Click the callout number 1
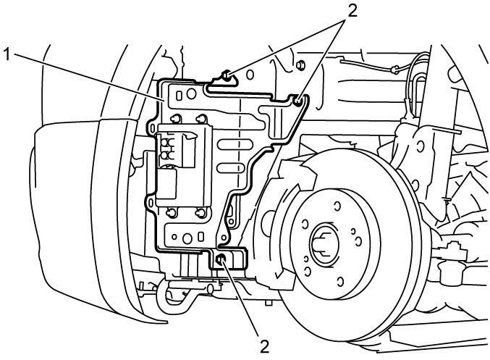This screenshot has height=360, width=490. coord(7,55)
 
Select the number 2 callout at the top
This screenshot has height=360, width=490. coord(352,12)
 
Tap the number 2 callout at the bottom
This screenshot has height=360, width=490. coord(264,346)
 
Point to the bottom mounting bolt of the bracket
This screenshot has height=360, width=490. coord(221,259)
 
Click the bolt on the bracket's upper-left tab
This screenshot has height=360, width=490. coord(227,75)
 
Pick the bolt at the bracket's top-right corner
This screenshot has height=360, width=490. coord(297,101)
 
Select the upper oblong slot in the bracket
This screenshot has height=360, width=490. coord(231,145)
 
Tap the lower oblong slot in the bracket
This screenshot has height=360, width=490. coord(231,167)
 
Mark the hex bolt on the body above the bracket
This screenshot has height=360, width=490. coord(300,65)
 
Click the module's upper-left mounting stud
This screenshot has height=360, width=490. coord(176,118)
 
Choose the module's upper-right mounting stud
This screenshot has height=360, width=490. coord(201,118)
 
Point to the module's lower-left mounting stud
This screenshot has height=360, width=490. coord(172,213)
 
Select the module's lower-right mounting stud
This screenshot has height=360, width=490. coord(200,213)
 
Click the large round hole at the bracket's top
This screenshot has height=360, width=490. coord(191,93)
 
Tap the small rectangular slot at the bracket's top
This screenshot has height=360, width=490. coord(179,96)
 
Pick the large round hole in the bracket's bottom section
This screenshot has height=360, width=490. coord(187,238)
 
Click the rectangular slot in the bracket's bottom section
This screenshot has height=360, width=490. coord(201,236)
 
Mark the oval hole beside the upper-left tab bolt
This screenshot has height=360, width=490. coord(250,75)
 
